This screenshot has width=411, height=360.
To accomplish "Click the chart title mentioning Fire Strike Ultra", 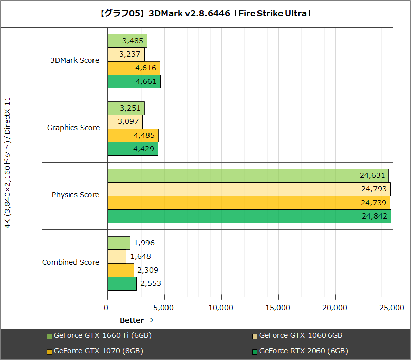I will coord(206,13).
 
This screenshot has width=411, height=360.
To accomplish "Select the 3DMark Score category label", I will coord(75,60).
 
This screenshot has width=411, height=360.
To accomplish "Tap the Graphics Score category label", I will coord(73,128).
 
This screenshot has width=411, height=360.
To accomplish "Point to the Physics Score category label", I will coord(76,195).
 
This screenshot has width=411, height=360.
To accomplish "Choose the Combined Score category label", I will coord(71,262).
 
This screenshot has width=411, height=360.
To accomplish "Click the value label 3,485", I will coord(133,40).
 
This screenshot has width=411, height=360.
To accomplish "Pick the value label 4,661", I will coord(146,81).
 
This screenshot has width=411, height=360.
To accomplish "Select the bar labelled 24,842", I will coord(249,216).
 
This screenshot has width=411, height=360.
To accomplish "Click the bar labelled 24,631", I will coord(248,175).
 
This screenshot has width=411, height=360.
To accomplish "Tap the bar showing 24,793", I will coord(249,189).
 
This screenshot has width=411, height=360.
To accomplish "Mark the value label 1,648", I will coord(140,256).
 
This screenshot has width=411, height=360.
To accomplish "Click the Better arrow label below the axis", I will coord(136,320).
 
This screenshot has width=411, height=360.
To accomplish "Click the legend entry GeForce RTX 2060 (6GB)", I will coord(304,351).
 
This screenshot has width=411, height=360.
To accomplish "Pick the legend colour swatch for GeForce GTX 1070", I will coord(49,352).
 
